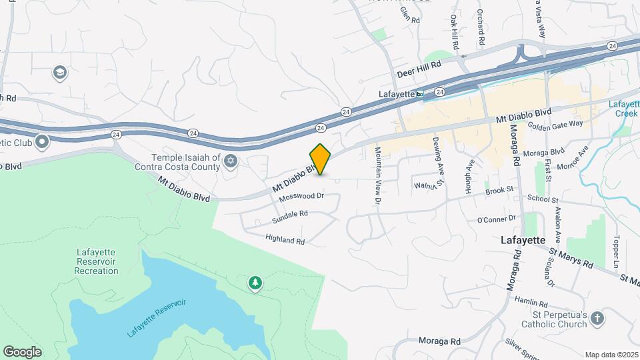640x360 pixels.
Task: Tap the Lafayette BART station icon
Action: pos(420,94)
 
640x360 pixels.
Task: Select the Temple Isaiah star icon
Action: pos(231,160)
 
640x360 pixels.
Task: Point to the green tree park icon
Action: pos(255,284)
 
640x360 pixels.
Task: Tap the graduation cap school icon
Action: pos(59,72)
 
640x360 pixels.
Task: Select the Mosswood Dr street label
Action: pos(301,197)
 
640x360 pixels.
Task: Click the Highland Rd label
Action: pos(285,239)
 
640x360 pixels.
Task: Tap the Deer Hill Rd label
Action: pos(419,65)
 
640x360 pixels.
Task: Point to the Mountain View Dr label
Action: pos(377,175)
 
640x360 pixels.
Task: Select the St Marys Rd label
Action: pos(571,258)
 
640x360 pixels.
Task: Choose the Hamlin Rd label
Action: pos(531,301)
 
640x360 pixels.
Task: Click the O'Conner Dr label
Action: pos(497,219)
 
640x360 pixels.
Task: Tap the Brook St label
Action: pos(499,190)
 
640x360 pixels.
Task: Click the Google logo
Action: pos(22,351)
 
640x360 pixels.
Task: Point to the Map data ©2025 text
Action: pos(611,355)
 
